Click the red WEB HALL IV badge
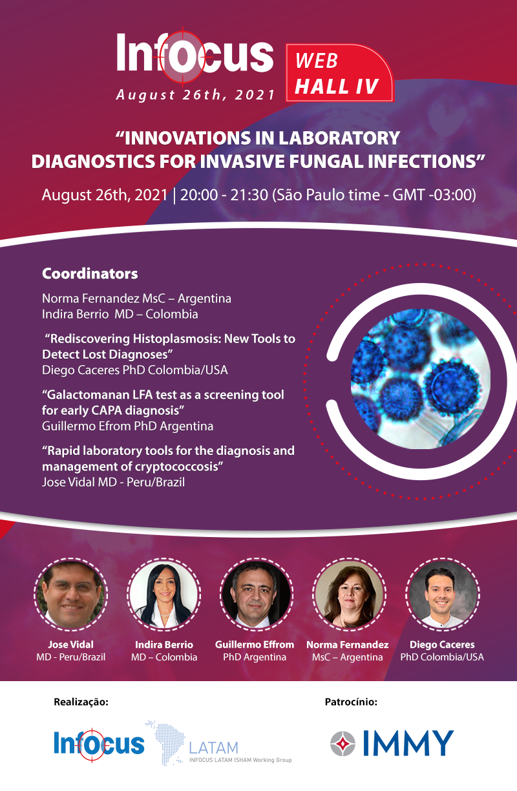click(x=339, y=73)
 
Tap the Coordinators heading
click(x=90, y=273)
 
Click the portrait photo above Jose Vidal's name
click(x=70, y=595)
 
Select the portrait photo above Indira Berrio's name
click(x=164, y=595)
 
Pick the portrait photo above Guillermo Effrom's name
click(x=257, y=595)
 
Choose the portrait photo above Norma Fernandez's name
click(x=349, y=595)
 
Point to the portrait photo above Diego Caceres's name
click(x=442, y=595)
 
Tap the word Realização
click(x=81, y=702)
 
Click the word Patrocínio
click(x=351, y=702)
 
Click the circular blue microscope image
click(x=420, y=379)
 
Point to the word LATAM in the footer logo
click(x=214, y=748)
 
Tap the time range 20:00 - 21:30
click(x=224, y=195)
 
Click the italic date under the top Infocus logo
click(x=196, y=94)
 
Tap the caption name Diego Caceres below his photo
click(x=442, y=644)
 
